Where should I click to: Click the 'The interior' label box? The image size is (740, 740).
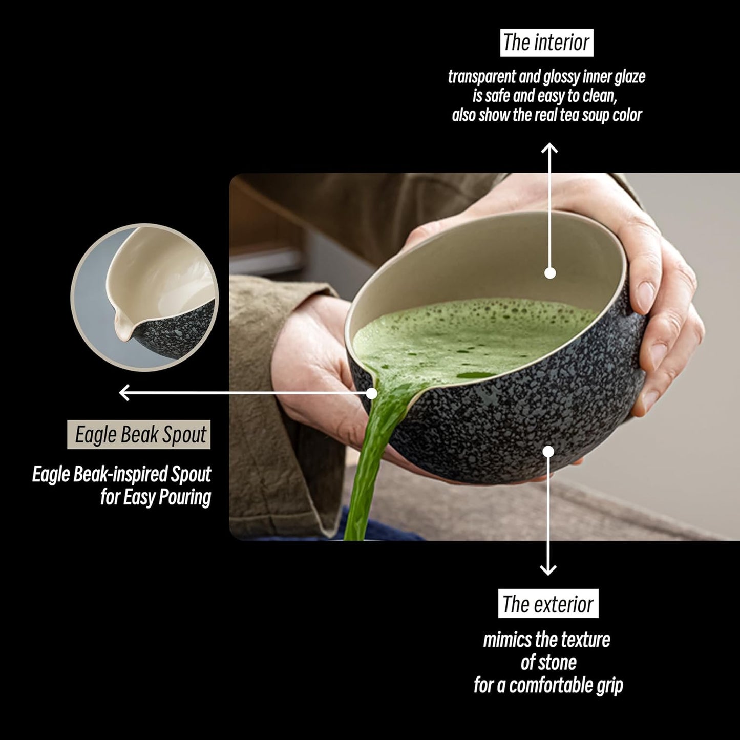click(546, 43)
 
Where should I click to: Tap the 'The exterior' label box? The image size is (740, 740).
click(548, 604)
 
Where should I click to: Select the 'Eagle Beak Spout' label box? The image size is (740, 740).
click(139, 435)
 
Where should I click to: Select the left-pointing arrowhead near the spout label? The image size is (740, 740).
click(124, 393)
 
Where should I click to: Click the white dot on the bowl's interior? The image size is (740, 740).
click(550, 273)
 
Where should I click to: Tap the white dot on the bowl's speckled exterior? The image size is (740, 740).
click(548, 452)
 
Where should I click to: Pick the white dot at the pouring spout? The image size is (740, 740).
click(372, 393)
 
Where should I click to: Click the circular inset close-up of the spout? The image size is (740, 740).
click(145, 297)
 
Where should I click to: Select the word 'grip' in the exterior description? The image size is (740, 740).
click(609, 686)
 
